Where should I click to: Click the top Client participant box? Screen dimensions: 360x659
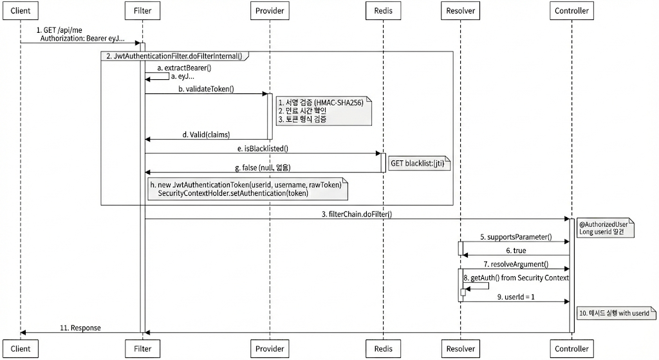21,11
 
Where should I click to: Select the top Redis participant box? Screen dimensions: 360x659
383,11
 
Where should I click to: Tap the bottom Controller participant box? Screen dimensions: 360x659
571,348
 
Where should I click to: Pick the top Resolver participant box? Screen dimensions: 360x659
461,11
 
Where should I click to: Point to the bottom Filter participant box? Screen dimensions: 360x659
142,348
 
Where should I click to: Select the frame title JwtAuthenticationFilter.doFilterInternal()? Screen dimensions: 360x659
174,56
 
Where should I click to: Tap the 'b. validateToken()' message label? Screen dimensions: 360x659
206,89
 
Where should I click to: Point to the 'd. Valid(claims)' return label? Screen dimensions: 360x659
206,135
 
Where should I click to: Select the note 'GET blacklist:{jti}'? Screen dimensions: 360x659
417,164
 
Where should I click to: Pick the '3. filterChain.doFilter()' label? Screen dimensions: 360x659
357,214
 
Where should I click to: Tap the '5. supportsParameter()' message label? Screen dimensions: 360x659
515,237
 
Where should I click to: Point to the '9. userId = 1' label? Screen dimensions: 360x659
515,296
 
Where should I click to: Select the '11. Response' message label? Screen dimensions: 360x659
81,328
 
